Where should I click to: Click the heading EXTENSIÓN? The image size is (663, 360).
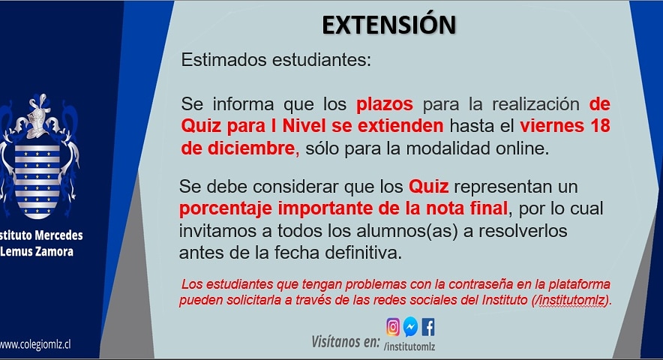coord(389,25)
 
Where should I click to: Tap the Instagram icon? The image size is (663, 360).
coord(393,327)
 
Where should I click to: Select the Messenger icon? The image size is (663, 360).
coord(410,326)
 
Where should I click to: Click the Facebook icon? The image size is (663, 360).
coord(428,327)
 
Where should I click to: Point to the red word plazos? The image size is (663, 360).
coord(384,104)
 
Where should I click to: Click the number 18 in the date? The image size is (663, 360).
coord(600,126)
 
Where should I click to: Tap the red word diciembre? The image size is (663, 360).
coord(251,148)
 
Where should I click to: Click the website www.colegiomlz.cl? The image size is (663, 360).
coord(35,344)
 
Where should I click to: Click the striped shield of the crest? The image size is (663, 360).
coord(37,181)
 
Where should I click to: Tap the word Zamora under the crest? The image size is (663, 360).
coord(54,252)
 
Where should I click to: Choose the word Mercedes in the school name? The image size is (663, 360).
coord(58,235)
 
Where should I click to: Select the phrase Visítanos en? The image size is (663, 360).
coord(346,342)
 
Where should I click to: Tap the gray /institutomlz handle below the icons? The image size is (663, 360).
coord(409,346)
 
